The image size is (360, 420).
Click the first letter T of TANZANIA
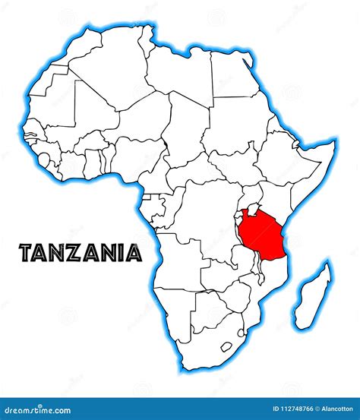pyautogui.click(x=25, y=253)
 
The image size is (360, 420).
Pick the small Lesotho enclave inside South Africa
pyautogui.click(x=226, y=347)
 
